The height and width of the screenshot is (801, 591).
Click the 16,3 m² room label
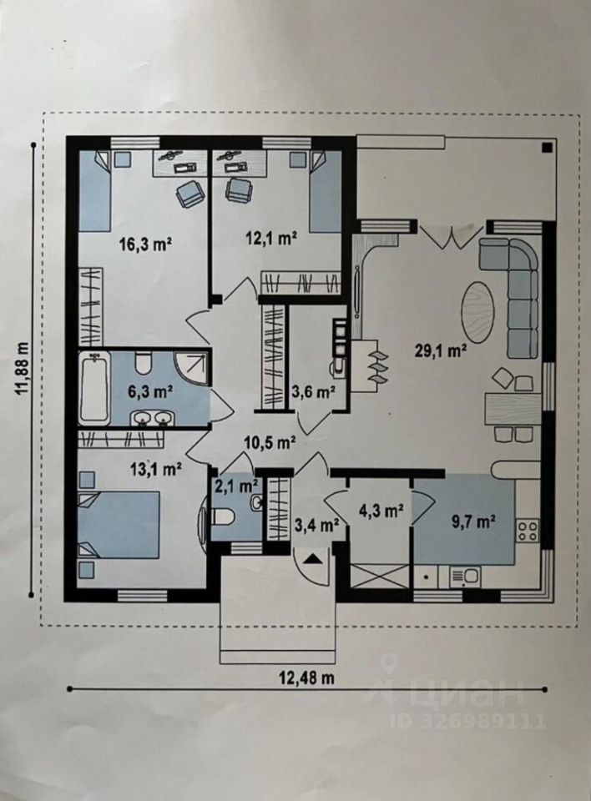point(144,244)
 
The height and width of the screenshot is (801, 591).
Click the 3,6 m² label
point(313,392)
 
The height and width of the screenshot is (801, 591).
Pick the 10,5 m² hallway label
point(270,442)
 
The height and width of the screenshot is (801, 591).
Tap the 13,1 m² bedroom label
point(156,468)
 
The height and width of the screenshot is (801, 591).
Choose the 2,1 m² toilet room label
point(235,485)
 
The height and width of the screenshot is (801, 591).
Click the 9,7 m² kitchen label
point(473,522)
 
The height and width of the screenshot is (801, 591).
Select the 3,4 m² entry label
point(318,524)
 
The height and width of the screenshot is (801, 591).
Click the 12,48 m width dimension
point(306,678)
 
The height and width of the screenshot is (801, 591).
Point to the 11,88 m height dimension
point(23,369)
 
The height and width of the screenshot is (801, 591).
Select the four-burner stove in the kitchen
point(528,530)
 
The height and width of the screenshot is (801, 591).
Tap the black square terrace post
point(547,148)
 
